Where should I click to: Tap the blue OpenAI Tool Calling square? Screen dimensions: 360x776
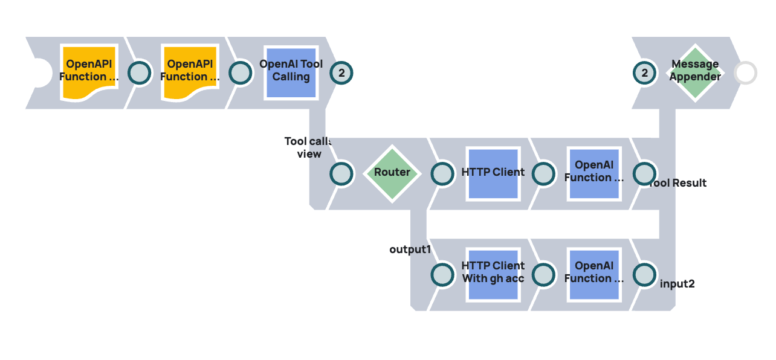(x=291, y=72)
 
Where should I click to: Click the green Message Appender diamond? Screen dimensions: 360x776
(x=695, y=72)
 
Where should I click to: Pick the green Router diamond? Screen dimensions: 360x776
(x=392, y=173)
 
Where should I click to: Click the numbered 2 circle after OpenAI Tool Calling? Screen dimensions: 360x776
(x=341, y=73)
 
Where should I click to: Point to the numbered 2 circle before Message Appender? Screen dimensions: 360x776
(x=645, y=73)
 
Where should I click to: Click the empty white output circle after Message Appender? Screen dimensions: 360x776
(x=745, y=73)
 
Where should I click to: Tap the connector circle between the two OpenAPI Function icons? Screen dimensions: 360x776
(x=140, y=73)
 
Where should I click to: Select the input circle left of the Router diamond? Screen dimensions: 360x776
(x=341, y=174)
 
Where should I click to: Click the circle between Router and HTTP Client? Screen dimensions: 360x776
(x=442, y=174)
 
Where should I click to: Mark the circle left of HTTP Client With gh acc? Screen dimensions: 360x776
(x=442, y=275)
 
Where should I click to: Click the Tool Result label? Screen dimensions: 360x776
(x=678, y=183)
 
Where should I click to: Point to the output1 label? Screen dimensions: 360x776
(x=409, y=249)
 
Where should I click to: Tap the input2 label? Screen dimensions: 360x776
(x=677, y=283)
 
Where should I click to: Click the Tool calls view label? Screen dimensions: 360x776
(x=308, y=147)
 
